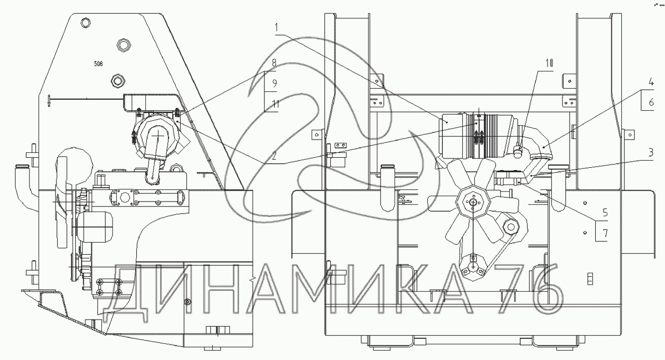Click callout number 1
coord(277,28)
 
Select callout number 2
coord(274,156)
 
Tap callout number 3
coord(651,153)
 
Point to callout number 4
coord(651,81)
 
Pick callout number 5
coord(605,213)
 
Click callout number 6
coord(651,102)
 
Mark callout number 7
coord(605,233)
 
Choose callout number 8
coord(274,63)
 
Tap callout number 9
coord(274,84)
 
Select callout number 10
coord(549,63)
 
